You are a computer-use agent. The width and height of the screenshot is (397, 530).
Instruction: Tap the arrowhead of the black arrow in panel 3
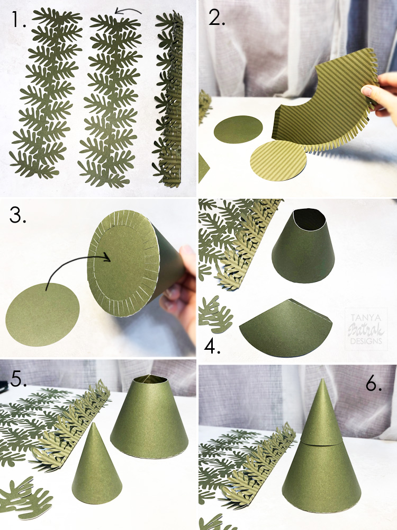[x=110, y=258]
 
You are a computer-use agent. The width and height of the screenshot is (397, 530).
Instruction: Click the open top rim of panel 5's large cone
[x=150, y=379]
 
